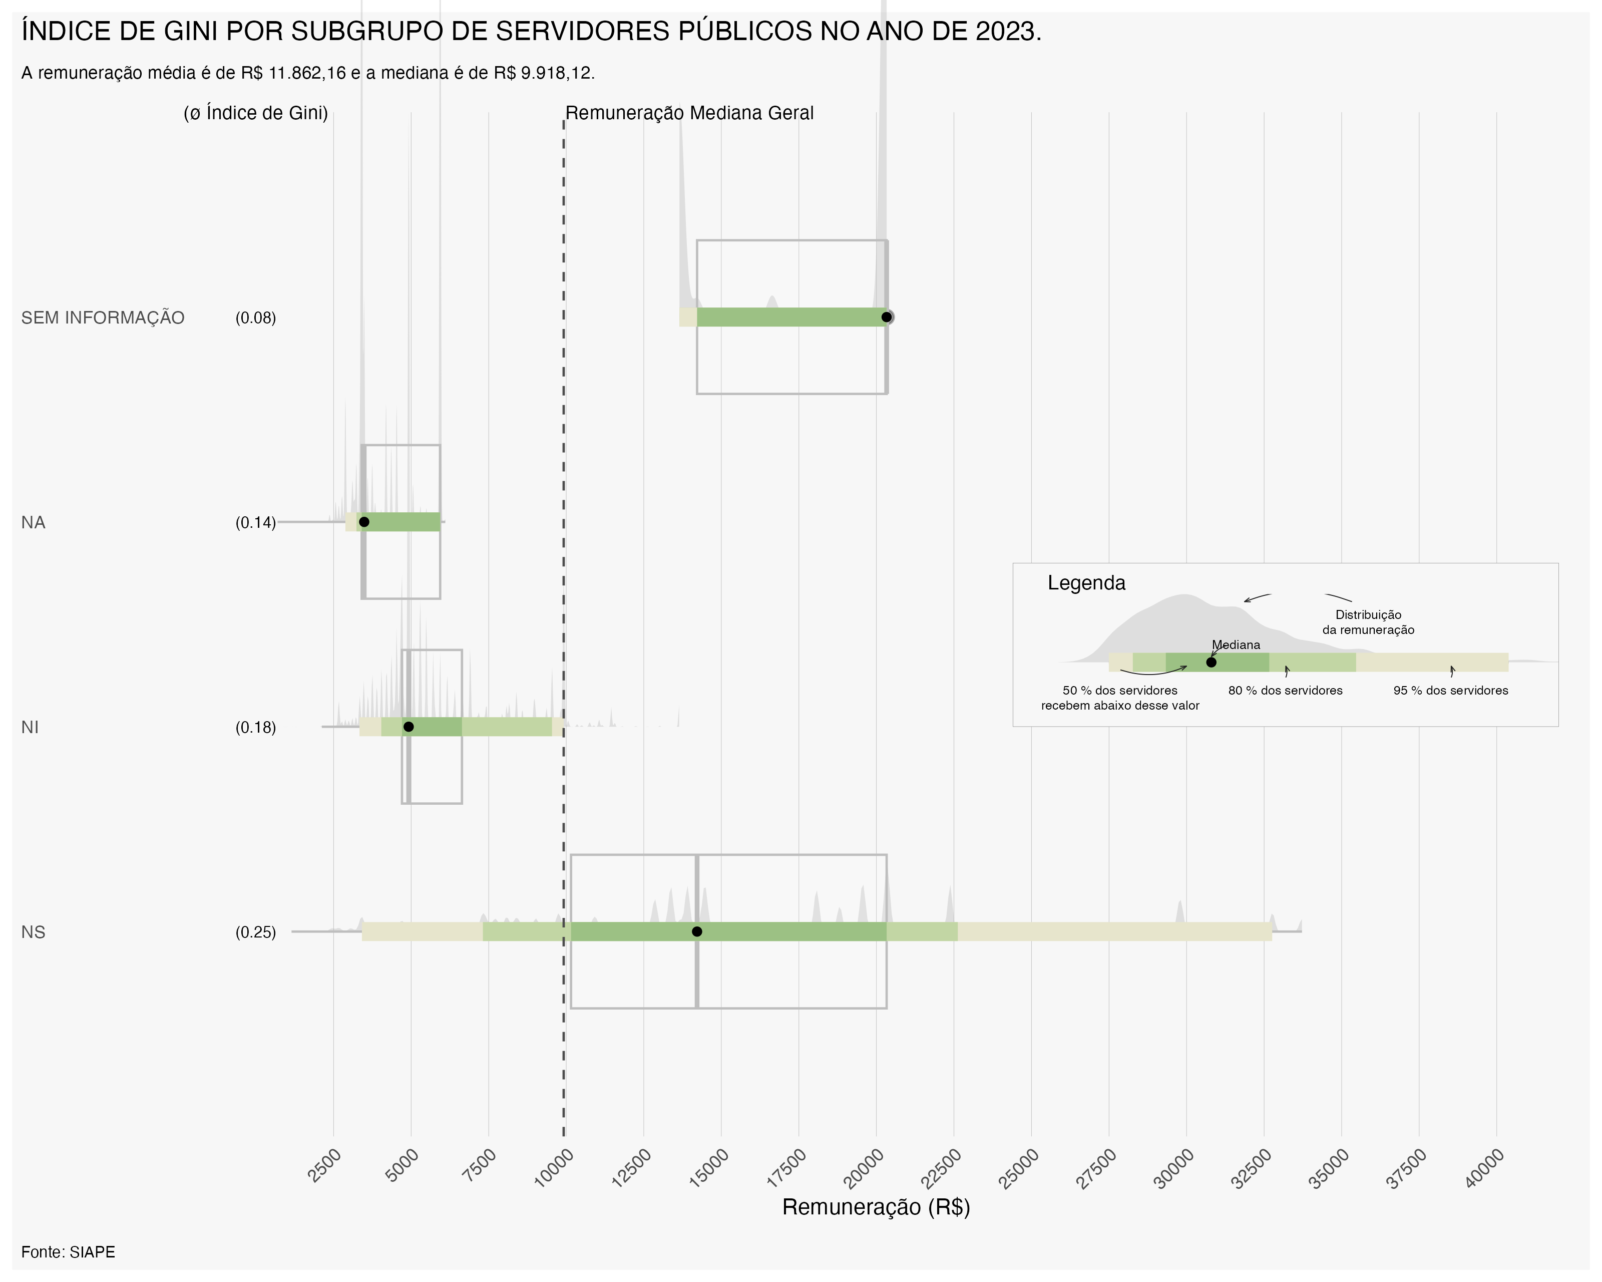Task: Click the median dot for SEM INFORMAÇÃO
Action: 887,317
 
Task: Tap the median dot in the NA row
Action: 364,522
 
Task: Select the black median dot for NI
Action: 408,727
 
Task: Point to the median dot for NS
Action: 697,932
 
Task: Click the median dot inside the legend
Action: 1211,662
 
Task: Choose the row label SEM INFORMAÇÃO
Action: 103,318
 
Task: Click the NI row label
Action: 30,728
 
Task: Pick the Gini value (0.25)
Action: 256,932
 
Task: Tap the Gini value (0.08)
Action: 256,318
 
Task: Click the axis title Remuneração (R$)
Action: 876,1207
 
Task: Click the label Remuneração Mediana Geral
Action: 689,113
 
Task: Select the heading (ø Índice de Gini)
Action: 256,113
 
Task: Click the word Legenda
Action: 1086,583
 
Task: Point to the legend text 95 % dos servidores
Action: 1450,691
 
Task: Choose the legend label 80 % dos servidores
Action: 1286,691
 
